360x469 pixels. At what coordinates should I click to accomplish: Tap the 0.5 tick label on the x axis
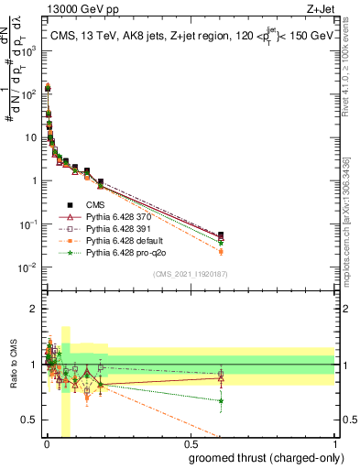point(190,442)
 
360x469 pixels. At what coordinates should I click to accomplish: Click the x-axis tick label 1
point(334,442)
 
